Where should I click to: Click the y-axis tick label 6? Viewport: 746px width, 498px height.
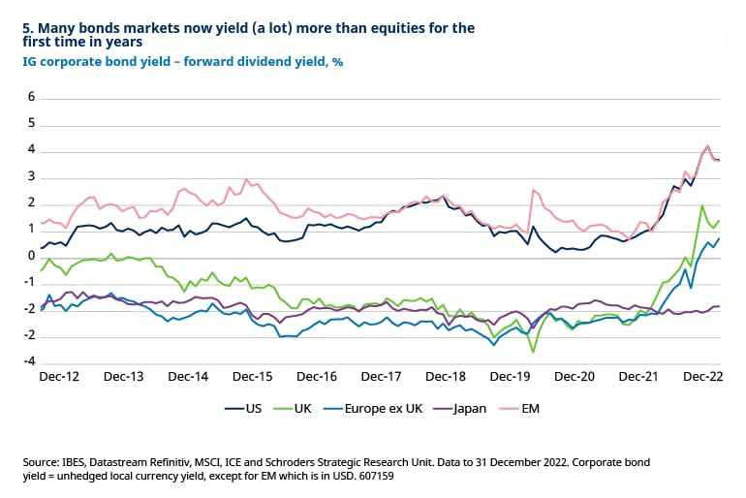(31, 98)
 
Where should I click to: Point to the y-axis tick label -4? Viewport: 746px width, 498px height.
(29, 362)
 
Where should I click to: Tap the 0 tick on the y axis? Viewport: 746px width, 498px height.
(31, 257)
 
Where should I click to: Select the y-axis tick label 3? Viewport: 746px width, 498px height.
(31, 177)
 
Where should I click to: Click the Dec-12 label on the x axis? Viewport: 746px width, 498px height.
(60, 376)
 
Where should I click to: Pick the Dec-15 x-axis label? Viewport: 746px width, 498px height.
(252, 376)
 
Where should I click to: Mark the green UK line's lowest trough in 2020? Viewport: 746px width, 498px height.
(533, 352)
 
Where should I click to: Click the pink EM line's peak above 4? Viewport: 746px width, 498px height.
(707, 146)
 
